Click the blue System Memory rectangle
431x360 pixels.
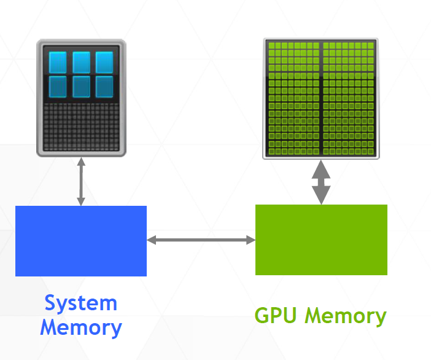tap(81, 241)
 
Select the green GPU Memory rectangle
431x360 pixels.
tap(321, 240)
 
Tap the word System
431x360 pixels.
tap(80, 303)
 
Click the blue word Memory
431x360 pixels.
tap(81, 327)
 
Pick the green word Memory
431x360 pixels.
tap(346, 316)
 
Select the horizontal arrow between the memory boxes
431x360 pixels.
tap(201, 240)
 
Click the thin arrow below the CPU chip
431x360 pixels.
tap(81, 181)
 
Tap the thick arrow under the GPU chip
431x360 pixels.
tap(321, 182)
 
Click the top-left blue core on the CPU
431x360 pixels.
tap(58, 62)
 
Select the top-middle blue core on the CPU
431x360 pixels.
tap(81, 62)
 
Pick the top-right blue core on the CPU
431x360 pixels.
tap(104, 62)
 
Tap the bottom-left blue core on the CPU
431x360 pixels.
tap(58, 86)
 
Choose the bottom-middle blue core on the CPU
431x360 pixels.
tap(81, 86)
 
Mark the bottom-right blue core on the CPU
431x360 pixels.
tap(104, 86)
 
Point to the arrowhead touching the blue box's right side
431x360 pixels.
tap(152, 240)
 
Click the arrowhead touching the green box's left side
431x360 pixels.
tap(250, 240)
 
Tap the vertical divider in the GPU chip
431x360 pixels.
tap(321, 98)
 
